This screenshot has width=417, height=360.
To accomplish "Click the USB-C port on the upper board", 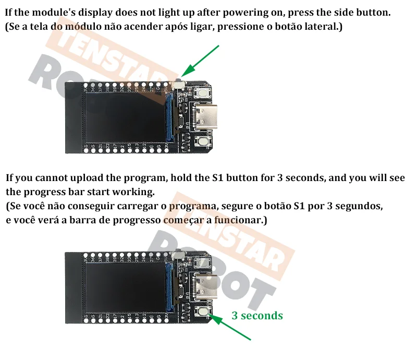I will [201, 117].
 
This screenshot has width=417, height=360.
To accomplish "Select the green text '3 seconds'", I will [257, 316].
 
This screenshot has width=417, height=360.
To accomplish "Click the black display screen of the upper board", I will [125, 115].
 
